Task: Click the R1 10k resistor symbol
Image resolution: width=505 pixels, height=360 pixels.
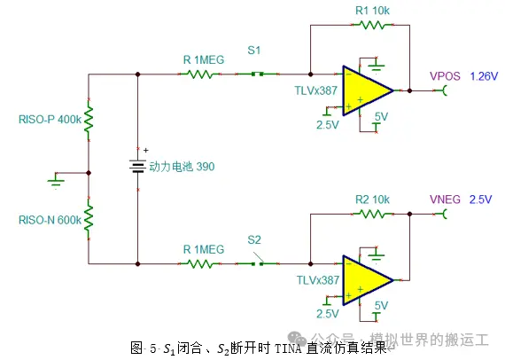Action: [x=373, y=25]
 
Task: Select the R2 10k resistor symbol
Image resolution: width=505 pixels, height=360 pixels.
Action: [x=373, y=214]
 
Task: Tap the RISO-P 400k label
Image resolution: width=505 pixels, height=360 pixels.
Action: [x=50, y=120]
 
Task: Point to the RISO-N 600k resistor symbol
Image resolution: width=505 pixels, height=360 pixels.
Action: [x=89, y=218]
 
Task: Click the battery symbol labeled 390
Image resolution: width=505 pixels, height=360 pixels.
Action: [x=138, y=167]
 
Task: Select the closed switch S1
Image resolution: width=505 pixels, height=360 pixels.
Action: [x=257, y=74]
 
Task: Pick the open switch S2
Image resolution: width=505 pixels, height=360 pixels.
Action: [x=257, y=262]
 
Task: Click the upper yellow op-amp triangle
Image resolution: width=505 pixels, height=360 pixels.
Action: [x=367, y=90]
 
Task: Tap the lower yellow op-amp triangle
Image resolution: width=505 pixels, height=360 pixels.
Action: [x=367, y=280]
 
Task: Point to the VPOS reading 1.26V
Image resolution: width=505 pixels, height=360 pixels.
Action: [x=484, y=76]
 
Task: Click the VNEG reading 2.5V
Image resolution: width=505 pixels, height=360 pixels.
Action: [x=480, y=200]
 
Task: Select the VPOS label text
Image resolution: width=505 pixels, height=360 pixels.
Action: [x=445, y=76]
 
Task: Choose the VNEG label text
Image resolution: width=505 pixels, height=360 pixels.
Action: [x=445, y=200]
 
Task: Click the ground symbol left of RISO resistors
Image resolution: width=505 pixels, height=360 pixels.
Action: [x=56, y=180]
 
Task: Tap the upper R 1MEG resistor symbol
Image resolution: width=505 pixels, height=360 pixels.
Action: [x=199, y=74]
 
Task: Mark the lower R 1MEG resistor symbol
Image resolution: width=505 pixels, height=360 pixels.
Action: [x=199, y=264]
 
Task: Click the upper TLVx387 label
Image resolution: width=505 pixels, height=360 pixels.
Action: [x=316, y=90]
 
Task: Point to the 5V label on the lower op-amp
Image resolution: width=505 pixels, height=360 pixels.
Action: [x=381, y=306]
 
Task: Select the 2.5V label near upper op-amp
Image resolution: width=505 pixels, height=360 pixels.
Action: [x=328, y=124]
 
